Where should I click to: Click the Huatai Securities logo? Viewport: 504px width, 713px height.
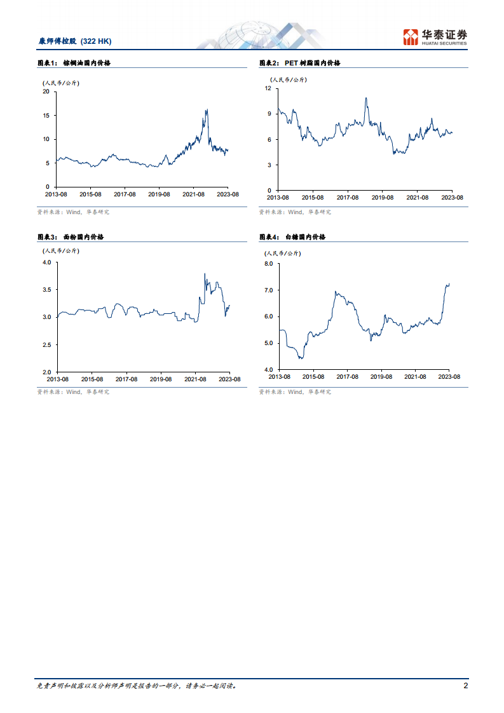[435, 37]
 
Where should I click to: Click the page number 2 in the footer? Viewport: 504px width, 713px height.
[466, 686]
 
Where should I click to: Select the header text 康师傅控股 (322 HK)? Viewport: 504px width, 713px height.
[75, 41]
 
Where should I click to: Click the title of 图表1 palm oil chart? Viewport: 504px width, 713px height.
[75, 63]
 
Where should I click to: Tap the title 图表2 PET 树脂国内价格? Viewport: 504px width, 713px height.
[300, 63]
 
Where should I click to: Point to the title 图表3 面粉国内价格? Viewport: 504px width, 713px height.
[71, 236]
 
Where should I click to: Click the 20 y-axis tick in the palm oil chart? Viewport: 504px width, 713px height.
[46, 92]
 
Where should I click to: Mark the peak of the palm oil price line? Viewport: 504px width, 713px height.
[207, 110]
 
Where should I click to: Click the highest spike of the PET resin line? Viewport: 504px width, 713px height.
[366, 98]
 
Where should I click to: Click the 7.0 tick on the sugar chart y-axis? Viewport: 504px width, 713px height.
[268, 290]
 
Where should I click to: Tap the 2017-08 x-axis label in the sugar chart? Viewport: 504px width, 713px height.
[347, 377]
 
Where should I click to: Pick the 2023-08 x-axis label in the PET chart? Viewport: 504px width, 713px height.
[452, 198]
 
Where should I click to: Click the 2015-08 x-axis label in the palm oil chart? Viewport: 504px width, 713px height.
[91, 194]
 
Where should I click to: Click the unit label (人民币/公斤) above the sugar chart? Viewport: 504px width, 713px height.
[283, 254]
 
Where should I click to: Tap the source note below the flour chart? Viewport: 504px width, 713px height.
[72, 392]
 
